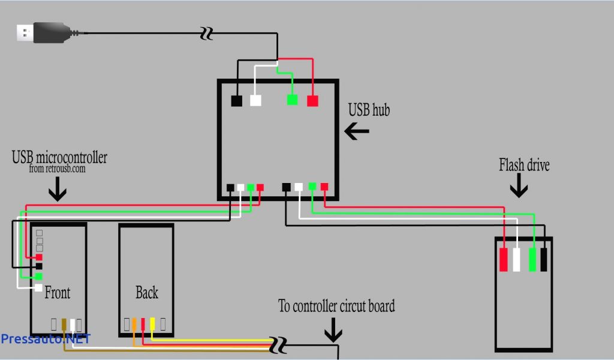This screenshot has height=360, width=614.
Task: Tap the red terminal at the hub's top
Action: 312,101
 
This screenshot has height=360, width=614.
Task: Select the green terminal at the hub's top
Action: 292,100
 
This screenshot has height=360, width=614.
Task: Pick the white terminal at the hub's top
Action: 255,100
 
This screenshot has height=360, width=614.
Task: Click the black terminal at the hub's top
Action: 237,101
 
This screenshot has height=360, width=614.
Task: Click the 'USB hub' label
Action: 369,110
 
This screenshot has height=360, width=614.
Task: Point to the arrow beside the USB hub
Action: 357,131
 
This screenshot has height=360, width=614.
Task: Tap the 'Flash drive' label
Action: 524,164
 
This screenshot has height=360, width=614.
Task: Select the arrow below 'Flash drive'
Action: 519,188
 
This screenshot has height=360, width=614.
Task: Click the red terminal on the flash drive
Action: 504,259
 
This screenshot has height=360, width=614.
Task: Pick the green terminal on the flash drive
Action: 532,259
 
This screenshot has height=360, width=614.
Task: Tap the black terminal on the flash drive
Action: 544,259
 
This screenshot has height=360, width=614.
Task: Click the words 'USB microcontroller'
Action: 59,158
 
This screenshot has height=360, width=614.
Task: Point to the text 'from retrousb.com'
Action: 58,169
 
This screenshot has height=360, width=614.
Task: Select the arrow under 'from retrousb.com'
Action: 58,190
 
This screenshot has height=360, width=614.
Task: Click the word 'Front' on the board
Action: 57,293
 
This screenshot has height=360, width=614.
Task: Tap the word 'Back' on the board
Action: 146,293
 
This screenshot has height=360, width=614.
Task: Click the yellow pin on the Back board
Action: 152,324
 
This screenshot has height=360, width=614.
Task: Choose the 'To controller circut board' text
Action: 336,306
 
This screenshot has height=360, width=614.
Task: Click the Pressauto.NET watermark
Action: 45,339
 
